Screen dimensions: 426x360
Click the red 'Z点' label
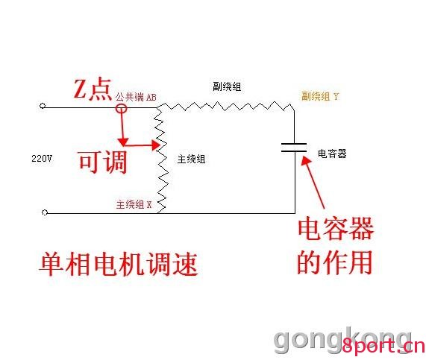(93, 89)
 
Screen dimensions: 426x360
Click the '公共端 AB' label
(136, 97)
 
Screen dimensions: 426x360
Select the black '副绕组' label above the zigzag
(227, 86)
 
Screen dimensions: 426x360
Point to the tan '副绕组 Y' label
(320, 96)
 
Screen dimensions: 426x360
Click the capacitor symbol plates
(294, 147)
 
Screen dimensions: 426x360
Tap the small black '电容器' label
(332, 154)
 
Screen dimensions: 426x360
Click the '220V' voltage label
(42, 158)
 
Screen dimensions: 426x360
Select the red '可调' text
(103, 162)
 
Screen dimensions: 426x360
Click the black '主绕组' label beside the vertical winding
(191, 159)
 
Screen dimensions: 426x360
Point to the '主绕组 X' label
(134, 204)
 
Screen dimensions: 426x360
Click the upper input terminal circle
(43, 106)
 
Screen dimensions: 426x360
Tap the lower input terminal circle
(45, 212)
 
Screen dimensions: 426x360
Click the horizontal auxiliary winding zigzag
(225, 106)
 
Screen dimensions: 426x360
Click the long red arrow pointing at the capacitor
(313, 182)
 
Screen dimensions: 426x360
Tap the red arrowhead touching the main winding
(156, 145)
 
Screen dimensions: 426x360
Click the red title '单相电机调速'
(119, 264)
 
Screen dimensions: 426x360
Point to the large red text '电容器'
(336, 229)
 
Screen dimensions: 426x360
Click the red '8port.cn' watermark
(383, 346)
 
